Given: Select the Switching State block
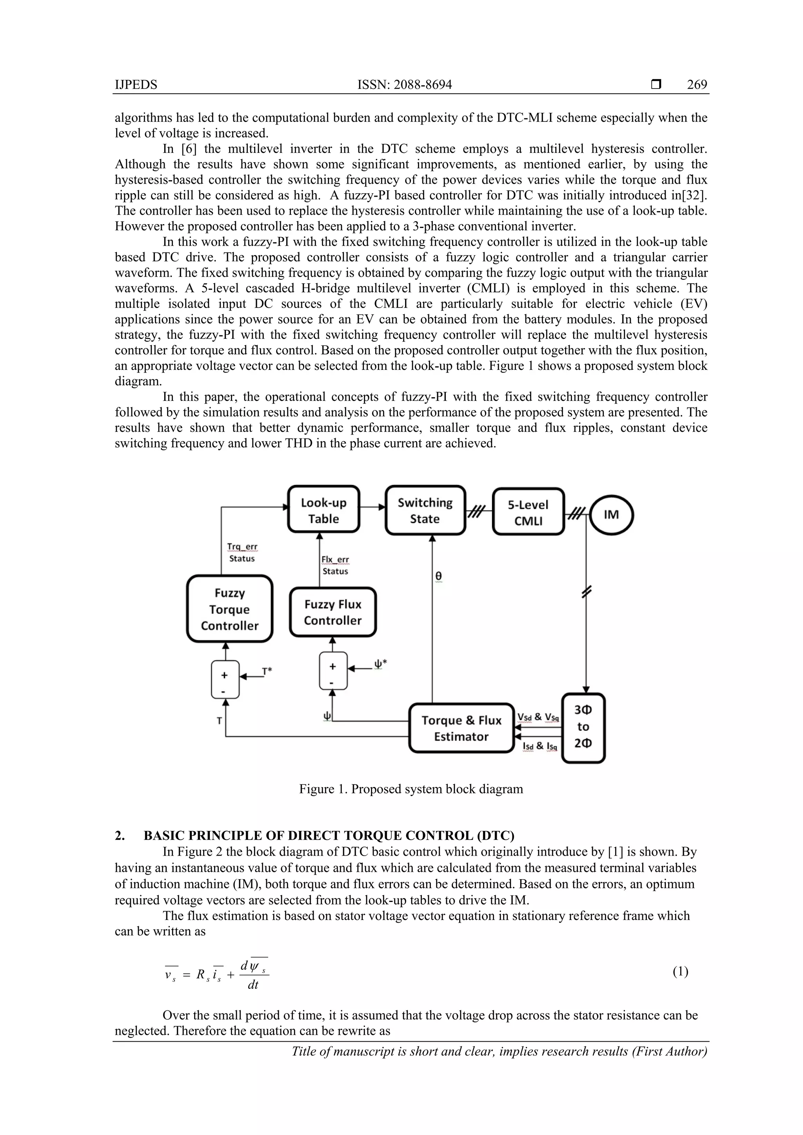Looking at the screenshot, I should [425, 510].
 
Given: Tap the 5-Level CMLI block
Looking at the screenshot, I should [528, 512].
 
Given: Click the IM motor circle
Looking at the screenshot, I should [612, 514].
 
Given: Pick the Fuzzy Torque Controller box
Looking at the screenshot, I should [230, 609].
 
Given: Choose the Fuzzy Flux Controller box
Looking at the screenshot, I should [332, 612].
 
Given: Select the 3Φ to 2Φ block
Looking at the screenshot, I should [583, 727].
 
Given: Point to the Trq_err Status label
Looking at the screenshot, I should [242, 553].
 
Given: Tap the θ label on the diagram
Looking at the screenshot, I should [438, 576].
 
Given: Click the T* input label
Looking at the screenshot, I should [267, 671].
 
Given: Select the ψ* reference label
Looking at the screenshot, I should [380, 664].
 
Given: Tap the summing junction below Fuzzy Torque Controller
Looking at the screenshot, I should [225, 680].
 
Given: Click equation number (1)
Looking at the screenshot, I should [680, 972].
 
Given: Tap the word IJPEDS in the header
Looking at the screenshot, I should [136, 85].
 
